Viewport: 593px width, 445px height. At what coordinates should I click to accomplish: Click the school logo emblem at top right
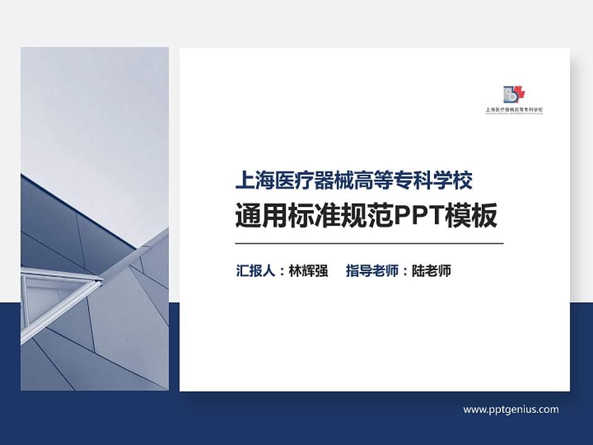coord(514,95)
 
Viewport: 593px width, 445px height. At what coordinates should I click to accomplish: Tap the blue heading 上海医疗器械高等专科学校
coord(354,181)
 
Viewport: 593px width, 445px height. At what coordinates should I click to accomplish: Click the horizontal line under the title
coord(369,244)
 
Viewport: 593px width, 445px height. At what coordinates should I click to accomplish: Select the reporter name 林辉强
coord(308,271)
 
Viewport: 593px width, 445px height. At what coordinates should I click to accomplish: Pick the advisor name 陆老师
coord(431,271)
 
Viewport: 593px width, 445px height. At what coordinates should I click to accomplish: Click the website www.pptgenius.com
coord(511,409)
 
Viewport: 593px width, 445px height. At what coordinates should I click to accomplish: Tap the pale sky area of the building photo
coord(93,111)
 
